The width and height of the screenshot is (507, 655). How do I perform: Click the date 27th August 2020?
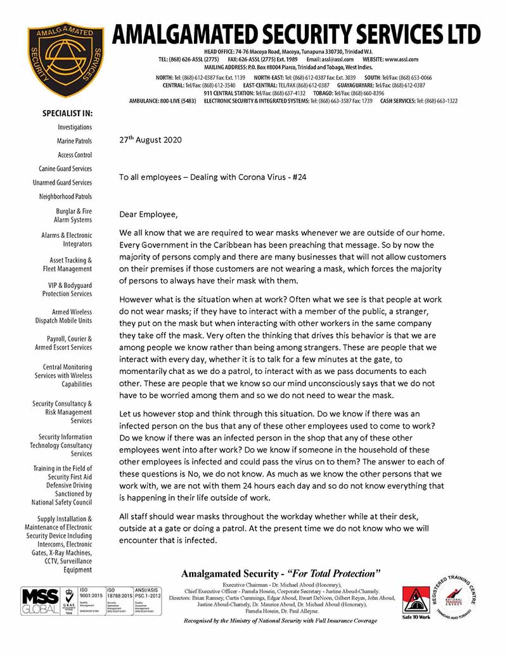coord(150,140)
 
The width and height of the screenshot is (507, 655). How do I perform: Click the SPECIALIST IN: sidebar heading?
coord(67,113)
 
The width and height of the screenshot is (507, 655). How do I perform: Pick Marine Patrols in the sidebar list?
coord(74,141)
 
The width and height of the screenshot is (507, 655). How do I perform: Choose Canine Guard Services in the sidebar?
coord(65,169)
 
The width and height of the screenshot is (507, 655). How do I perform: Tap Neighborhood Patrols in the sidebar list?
coord(65,197)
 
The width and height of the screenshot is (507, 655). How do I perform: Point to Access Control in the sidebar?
coord(74,155)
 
